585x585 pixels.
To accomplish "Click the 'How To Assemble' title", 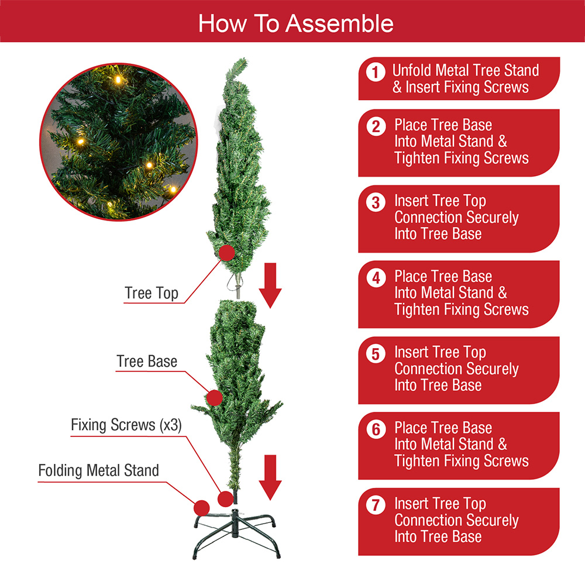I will click(295, 23).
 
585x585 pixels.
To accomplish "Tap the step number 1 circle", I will click(376, 73).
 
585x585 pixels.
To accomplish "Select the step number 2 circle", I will click(376, 127).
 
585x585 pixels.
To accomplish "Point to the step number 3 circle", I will click(376, 202).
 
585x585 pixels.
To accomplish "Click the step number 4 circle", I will click(376, 278).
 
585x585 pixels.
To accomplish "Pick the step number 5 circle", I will click(376, 354).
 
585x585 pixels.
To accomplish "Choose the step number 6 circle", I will click(376, 429).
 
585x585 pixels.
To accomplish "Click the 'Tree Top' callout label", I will click(151, 293).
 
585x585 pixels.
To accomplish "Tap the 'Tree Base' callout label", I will click(146, 361).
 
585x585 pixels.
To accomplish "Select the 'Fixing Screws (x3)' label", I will click(126, 425).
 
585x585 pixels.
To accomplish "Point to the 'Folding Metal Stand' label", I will click(98, 470).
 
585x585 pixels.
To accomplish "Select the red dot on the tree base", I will click(215, 398).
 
